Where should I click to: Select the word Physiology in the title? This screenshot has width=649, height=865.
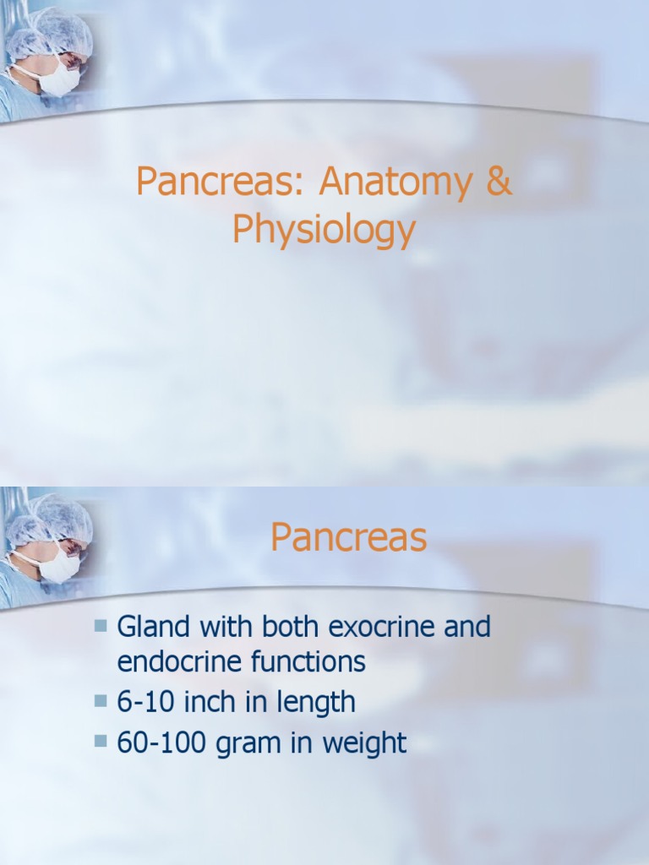(x=324, y=230)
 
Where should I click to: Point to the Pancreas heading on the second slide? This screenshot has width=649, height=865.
(x=348, y=538)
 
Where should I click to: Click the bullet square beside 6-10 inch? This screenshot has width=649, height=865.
(x=101, y=701)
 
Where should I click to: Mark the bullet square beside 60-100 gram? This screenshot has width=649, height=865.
(x=101, y=742)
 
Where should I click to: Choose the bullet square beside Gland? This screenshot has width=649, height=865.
(x=101, y=626)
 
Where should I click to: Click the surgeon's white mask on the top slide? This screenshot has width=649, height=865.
(x=59, y=80)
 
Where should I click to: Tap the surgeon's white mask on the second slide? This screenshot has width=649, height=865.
(x=59, y=567)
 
